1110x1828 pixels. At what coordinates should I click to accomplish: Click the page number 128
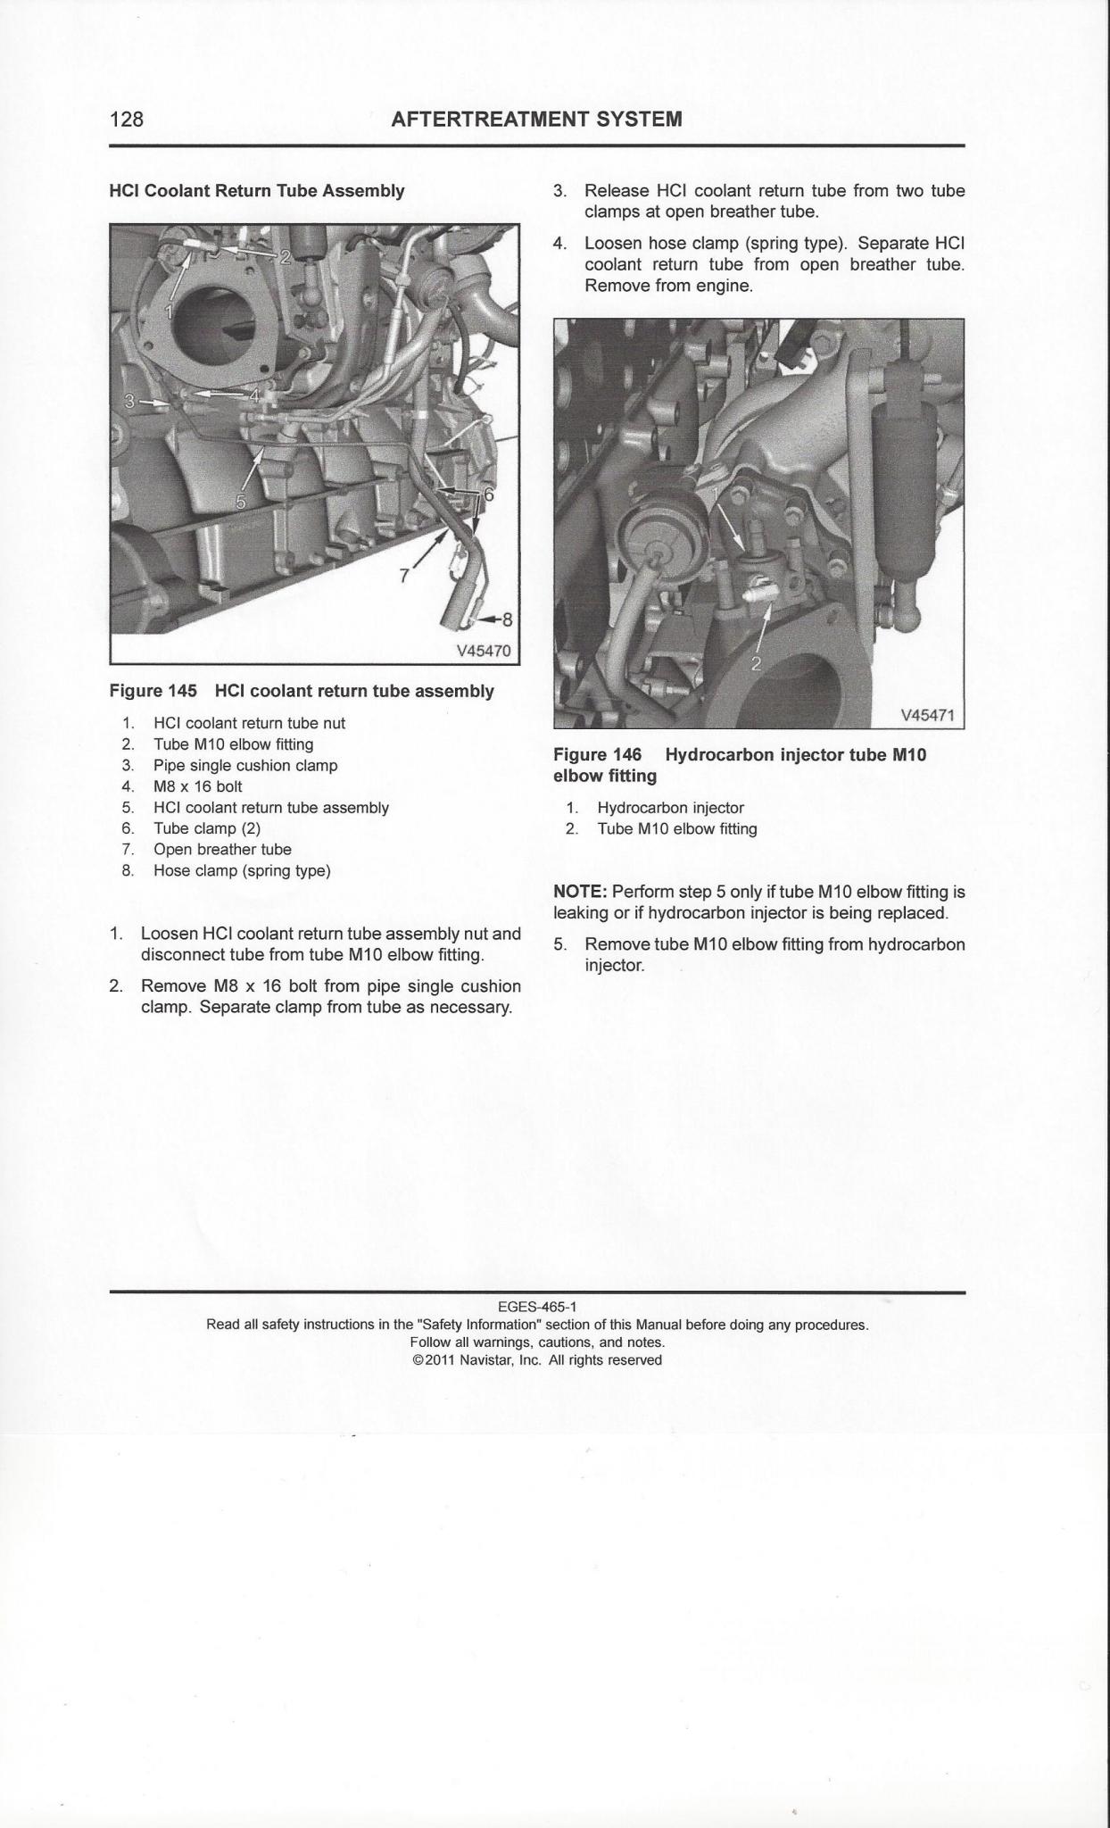coord(126,119)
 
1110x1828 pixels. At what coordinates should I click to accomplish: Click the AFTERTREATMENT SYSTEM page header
coord(536,119)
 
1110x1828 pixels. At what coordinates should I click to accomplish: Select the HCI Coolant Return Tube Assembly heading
coord(256,191)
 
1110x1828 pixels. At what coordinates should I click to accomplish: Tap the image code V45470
coord(484,651)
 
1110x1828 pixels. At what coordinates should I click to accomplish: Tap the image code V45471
coord(928,715)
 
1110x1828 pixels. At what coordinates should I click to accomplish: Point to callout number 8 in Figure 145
coord(508,619)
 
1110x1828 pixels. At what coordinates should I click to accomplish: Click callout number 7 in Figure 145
coord(404,576)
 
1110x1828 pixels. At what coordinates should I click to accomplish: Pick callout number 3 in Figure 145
coord(130,402)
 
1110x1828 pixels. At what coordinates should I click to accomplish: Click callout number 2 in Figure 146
coord(756,662)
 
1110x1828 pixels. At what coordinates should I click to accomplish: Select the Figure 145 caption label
coord(153,692)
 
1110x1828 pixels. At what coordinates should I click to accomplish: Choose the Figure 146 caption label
coord(597,755)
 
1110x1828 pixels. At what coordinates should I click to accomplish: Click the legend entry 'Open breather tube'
coord(222,850)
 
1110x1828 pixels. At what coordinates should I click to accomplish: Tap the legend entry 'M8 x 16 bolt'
coord(197,786)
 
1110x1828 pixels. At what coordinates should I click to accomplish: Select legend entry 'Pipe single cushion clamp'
coord(245,765)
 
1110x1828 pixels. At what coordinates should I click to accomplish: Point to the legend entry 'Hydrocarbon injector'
coord(670,808)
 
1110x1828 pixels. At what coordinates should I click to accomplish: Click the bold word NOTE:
coord(580,892)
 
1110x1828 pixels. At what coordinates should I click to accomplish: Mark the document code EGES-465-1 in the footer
coord(537,1308)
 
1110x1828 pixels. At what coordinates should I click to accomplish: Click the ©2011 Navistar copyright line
coord(537,1360)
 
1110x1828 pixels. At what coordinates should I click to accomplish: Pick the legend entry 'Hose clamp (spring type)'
coord(242,871)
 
